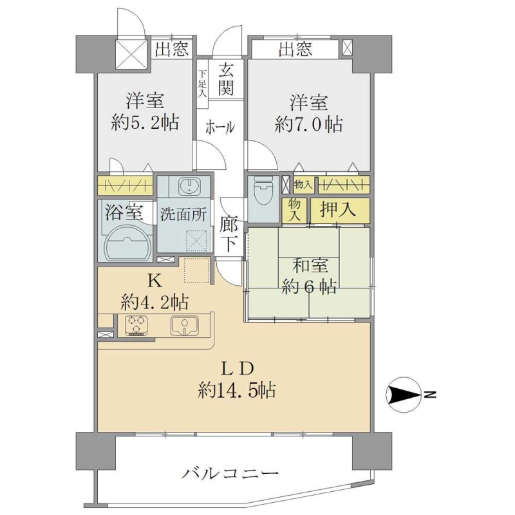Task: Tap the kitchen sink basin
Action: coord(184,326)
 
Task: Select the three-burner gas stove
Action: coord(136,325)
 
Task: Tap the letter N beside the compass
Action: coord(430,395)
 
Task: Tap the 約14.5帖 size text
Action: coord(236,391)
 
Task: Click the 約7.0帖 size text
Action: coord(308,125)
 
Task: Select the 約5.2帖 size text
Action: coord(145,123)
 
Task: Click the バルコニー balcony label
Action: coord(230,474)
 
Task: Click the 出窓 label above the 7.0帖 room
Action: coord(295,50)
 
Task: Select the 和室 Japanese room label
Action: coord(310,265)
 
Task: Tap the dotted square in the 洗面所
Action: coord(196,241)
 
